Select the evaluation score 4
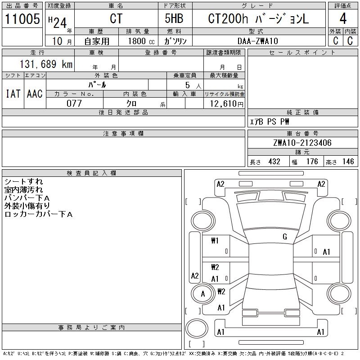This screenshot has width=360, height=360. [343, 19]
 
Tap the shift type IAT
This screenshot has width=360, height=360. [13, 94]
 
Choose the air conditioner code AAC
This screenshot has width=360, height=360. [34, 94]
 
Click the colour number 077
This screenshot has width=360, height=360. [74, 103]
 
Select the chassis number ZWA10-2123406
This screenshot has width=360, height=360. [302, 143]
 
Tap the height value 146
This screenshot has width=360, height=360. [348, 162]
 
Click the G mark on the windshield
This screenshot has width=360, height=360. [284, 237]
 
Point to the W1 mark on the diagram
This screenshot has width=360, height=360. [215, 241]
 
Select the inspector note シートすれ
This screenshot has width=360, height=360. [23, 182]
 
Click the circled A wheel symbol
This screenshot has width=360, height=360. [202, 294]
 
